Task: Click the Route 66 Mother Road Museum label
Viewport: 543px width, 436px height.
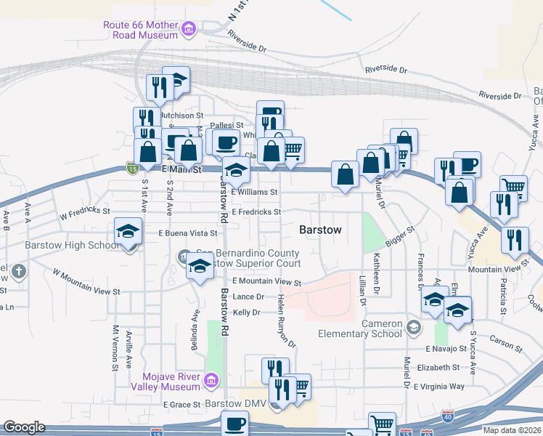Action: point(141,29)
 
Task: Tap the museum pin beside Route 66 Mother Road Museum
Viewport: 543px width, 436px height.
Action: point(189,29)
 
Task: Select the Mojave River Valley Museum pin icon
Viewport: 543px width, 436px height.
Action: point(211,379)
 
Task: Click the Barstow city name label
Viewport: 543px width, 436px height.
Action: point(320,230)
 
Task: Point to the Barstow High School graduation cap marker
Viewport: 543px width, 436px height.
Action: point(128,233)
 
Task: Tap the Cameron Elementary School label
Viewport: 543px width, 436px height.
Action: point(359,328)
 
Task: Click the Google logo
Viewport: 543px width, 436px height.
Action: point(24,427)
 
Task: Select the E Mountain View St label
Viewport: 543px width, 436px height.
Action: point(266,281)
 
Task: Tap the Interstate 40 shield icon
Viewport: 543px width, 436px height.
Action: point(448,416)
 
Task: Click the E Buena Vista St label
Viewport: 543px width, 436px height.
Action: point(188,233)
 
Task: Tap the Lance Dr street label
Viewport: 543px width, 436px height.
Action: point(248,296)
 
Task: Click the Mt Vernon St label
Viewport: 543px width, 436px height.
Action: point(115,348)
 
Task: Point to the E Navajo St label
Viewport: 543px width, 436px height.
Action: point(446,350)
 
